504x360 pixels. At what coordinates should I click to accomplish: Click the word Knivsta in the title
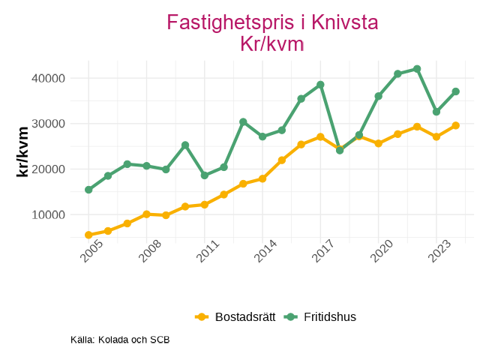339,22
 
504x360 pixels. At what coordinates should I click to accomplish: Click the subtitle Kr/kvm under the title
271,43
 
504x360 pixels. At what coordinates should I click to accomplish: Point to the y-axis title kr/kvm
22,151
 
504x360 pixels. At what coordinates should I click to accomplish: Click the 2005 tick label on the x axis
93,253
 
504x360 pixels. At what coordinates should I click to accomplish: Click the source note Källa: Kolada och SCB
120,340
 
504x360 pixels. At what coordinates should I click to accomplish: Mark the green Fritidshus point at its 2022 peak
417,69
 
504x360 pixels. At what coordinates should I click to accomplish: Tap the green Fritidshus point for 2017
320,85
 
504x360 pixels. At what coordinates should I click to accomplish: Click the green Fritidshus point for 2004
88,190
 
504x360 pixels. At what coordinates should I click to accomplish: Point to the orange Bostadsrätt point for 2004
88,235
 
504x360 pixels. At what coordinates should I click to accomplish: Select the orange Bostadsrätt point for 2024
456,125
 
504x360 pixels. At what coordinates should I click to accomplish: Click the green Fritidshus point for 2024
456,91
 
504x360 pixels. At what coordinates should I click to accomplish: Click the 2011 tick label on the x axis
208,253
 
